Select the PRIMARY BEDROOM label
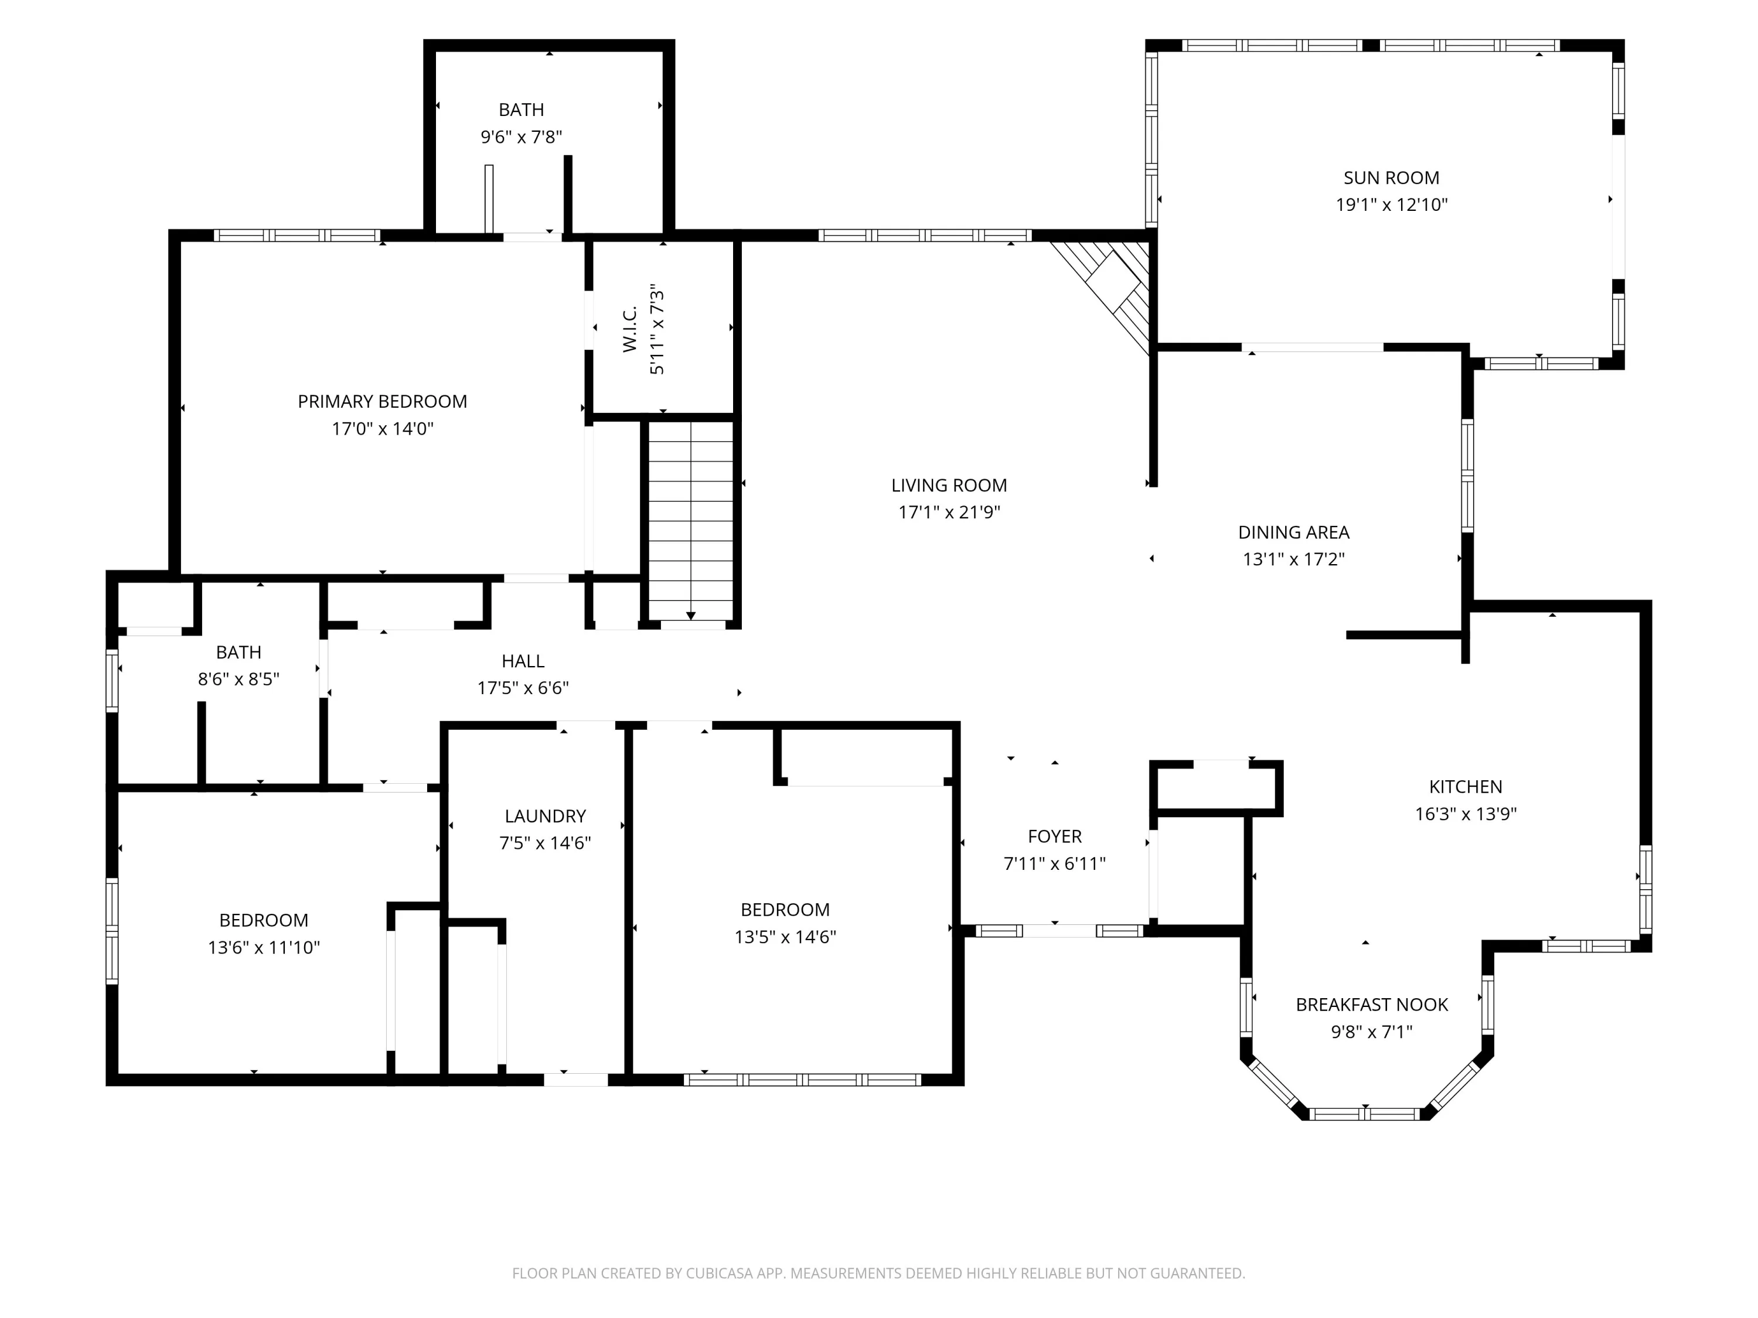382,401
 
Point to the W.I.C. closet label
629,329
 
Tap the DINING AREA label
1294,532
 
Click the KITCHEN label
1466,787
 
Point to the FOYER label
1055,836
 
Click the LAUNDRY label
545,816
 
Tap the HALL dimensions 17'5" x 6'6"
523,688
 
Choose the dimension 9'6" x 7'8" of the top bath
522,136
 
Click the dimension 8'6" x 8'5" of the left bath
239,680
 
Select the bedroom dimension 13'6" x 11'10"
264,947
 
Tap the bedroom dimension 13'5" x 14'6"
785,937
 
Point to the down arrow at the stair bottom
691,616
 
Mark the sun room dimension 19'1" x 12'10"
1392,205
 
